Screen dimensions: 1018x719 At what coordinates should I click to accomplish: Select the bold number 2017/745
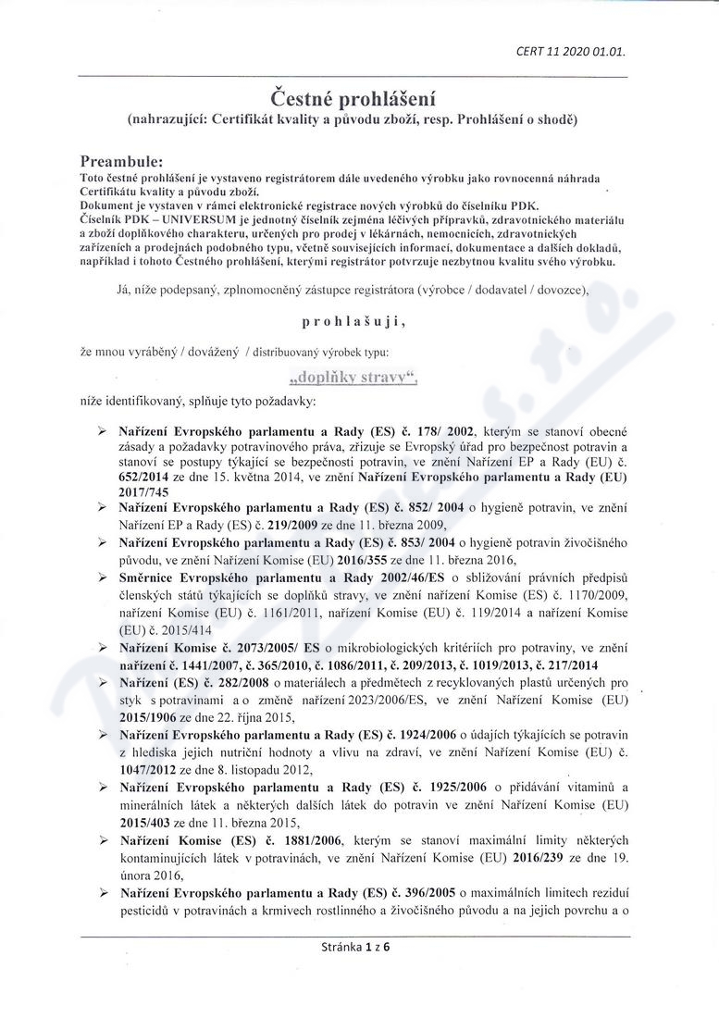coord(143,492)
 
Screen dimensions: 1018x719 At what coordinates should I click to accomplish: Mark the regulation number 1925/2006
coord(452,788)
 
